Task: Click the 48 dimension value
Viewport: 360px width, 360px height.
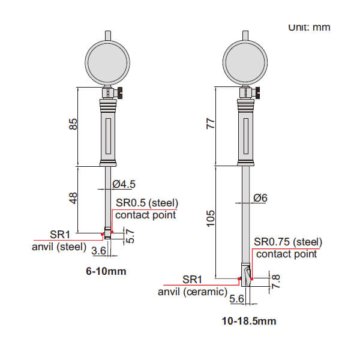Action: point(73,199)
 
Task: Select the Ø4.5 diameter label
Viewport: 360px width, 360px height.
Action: point(124,184)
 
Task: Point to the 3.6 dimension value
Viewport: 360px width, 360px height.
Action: point(99,250)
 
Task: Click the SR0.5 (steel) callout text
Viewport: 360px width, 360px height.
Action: point(147,202)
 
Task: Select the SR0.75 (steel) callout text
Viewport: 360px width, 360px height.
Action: point(288,242)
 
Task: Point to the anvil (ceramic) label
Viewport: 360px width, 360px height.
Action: point(193,292)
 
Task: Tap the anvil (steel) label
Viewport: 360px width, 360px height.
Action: point(59,246)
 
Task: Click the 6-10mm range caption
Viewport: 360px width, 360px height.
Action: point(107,271)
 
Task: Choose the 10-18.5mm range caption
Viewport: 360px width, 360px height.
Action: point(249,321)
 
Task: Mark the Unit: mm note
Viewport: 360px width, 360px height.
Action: point(310,27)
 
